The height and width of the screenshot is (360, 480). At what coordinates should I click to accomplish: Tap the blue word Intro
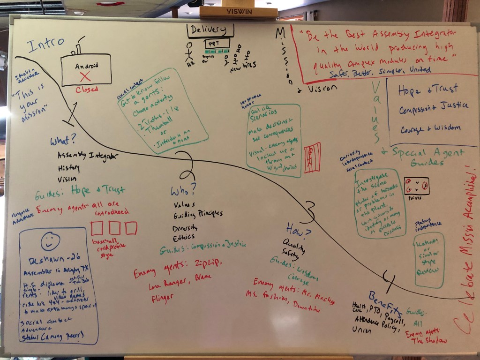pos(45,45)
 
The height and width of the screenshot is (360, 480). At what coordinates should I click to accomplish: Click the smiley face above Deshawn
pos(50,241)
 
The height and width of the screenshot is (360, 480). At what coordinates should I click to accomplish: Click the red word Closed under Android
pos(87,90)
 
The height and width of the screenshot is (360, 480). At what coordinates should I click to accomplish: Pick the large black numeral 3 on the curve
pos(308,212)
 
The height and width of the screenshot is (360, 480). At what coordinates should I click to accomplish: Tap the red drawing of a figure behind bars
pos(312,157)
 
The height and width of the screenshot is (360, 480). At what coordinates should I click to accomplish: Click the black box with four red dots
pos(416,186)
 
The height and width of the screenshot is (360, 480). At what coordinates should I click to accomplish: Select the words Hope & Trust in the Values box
pos(427,89)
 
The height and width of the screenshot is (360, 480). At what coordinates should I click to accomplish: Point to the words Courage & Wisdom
pos(429,127)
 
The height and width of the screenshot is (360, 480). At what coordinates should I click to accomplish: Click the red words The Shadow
pos(429,340)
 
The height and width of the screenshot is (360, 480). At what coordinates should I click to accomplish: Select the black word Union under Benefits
pos(361,330)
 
